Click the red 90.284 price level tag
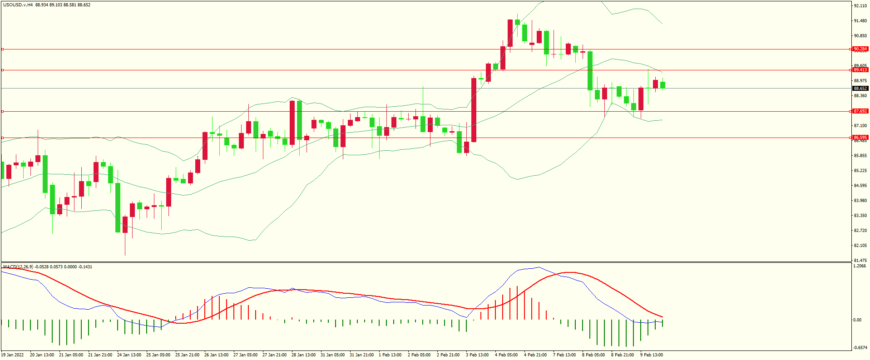click(x=860, y=49)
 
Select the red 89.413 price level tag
click(x=860, y=70)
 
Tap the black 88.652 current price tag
click(x=860, y=89)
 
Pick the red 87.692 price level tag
click(x=860, y=111)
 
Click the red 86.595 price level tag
click(x=860, y=138)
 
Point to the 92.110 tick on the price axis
click(x=860, y=6)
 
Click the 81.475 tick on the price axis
click(x=860, y=261)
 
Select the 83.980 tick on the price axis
click(x=860, y=201)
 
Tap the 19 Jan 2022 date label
click(x=12, y=355)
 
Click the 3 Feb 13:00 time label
click(x=477, y=355)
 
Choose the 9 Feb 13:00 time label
click(x=652, y=355)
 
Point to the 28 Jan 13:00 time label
click(x=303, y=355)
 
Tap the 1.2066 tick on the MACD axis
click(x=860, y=266)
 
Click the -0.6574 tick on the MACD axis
click(x=860, y=348)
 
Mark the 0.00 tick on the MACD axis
click(x=857, y=320)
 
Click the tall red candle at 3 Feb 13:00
click(x=474, y=110)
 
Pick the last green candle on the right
click(x=663, y=85)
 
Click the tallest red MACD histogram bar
click(x=517, y=303)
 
